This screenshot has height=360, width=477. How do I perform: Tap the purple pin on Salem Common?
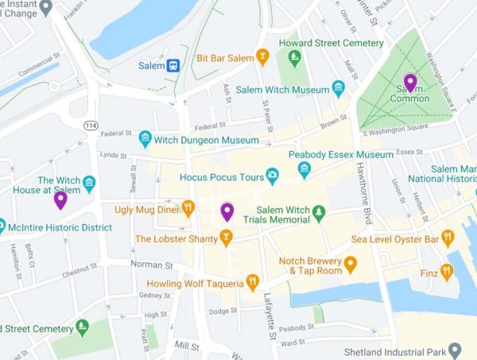pos(410,82)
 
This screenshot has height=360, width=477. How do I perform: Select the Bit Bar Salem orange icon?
pos(263,57)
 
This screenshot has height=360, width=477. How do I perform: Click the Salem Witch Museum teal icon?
pos(339,87)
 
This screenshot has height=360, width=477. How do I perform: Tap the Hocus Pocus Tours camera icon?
pos(273,174)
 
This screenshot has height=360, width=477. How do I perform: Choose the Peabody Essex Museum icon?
pos(304,169)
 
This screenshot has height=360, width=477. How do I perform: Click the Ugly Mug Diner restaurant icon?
pos(188,209)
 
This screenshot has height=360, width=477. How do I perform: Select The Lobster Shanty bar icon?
pos(226,238)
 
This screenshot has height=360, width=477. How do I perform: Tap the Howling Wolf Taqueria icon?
pos(253,281)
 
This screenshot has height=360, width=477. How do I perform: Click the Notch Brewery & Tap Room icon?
pos(350,263)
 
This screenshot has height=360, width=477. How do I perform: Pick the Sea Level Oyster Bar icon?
pos(448,238)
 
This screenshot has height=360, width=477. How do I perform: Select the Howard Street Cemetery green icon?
pos(295,57)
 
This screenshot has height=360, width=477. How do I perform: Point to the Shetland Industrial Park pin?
pos(455,350)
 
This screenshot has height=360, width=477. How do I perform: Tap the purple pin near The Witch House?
pos(60,199)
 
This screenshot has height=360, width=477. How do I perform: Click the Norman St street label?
pos(151,264)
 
